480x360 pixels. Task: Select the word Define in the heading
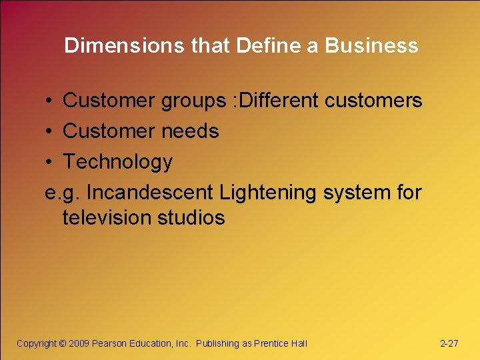253,45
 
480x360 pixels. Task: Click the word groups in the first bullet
193,101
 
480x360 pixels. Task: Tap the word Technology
117,162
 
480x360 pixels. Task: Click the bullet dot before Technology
50,162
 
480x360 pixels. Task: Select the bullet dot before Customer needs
50,131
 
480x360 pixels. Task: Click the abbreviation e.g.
63,193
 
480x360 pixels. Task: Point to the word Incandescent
151,193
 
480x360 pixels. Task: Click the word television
107,218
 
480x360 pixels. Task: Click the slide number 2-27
449,343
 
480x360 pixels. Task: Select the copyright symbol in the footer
63,343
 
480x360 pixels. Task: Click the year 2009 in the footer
79,343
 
